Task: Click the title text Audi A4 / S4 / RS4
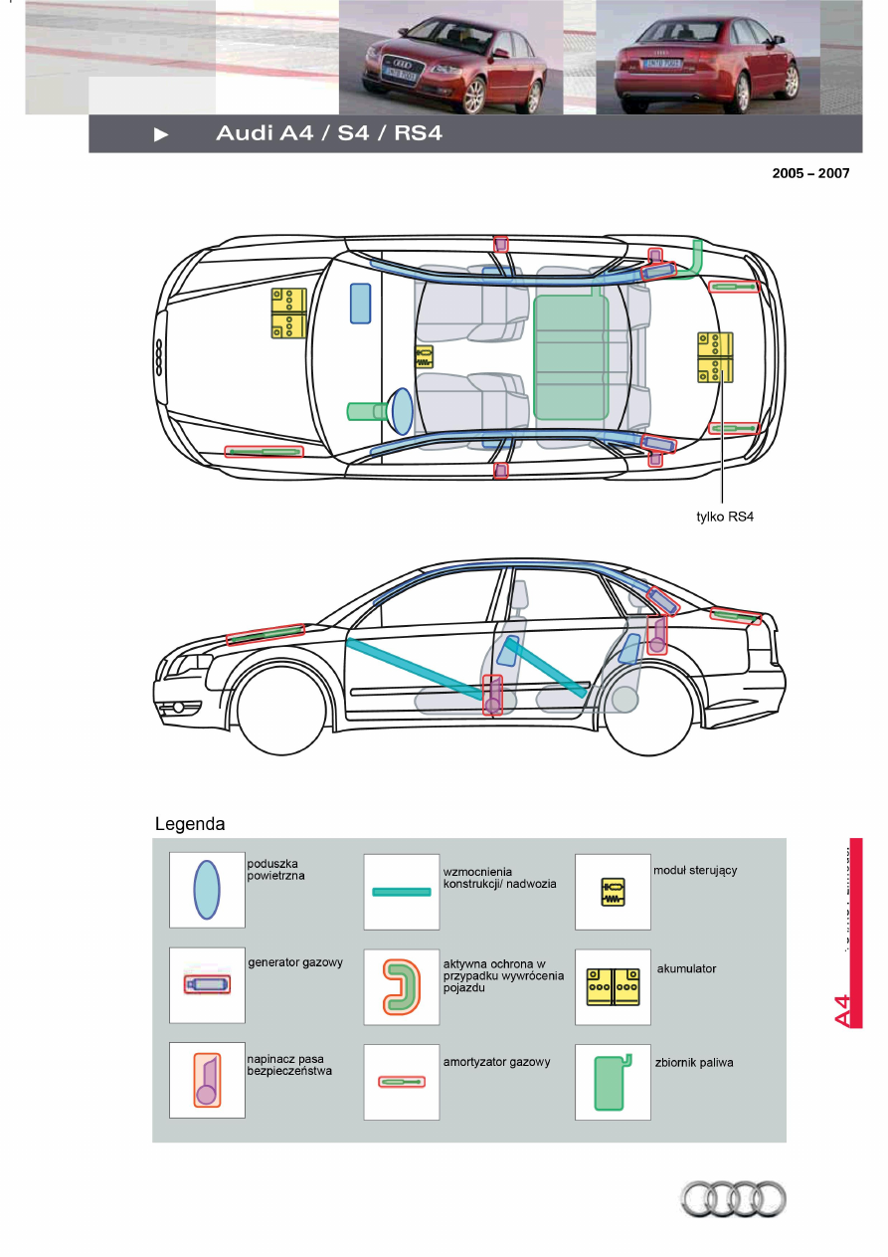329,134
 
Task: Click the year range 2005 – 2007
810,173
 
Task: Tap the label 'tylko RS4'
725,517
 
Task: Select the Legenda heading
190,824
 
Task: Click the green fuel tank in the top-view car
571,356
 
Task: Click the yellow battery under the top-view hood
288,314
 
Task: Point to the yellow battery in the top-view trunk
715,357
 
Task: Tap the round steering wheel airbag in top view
401,409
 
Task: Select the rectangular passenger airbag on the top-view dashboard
360,303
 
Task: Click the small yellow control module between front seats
425,356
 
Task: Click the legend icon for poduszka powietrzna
207,890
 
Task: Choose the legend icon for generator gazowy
207,984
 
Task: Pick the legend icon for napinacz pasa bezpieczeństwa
207,1080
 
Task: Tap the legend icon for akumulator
613,984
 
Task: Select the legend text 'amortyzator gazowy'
496,1062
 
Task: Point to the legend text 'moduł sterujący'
695,870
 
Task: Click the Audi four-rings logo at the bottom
733,1198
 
